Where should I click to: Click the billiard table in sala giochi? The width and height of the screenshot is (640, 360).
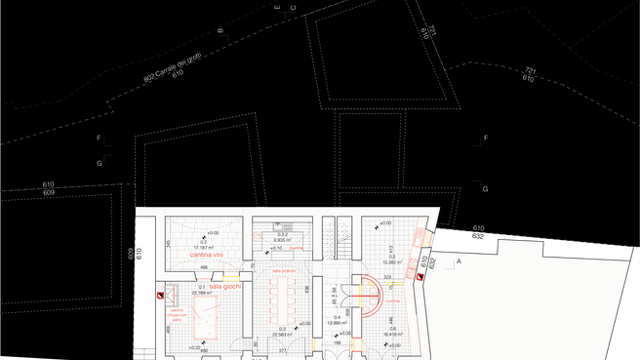point(207,313)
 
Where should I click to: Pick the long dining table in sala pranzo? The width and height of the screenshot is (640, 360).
point(284,299)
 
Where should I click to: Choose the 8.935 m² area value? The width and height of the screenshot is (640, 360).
point(283,239)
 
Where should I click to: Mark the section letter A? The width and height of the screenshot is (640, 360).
point(458,261)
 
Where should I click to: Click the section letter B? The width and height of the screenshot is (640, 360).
point(220,31)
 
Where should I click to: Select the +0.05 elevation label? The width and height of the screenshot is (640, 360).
point(212,232)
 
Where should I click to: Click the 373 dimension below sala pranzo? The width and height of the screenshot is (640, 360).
point(283,349)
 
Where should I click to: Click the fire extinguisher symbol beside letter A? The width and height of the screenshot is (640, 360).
point(420,278)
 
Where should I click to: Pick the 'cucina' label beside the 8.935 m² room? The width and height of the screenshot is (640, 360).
point(299,248)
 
